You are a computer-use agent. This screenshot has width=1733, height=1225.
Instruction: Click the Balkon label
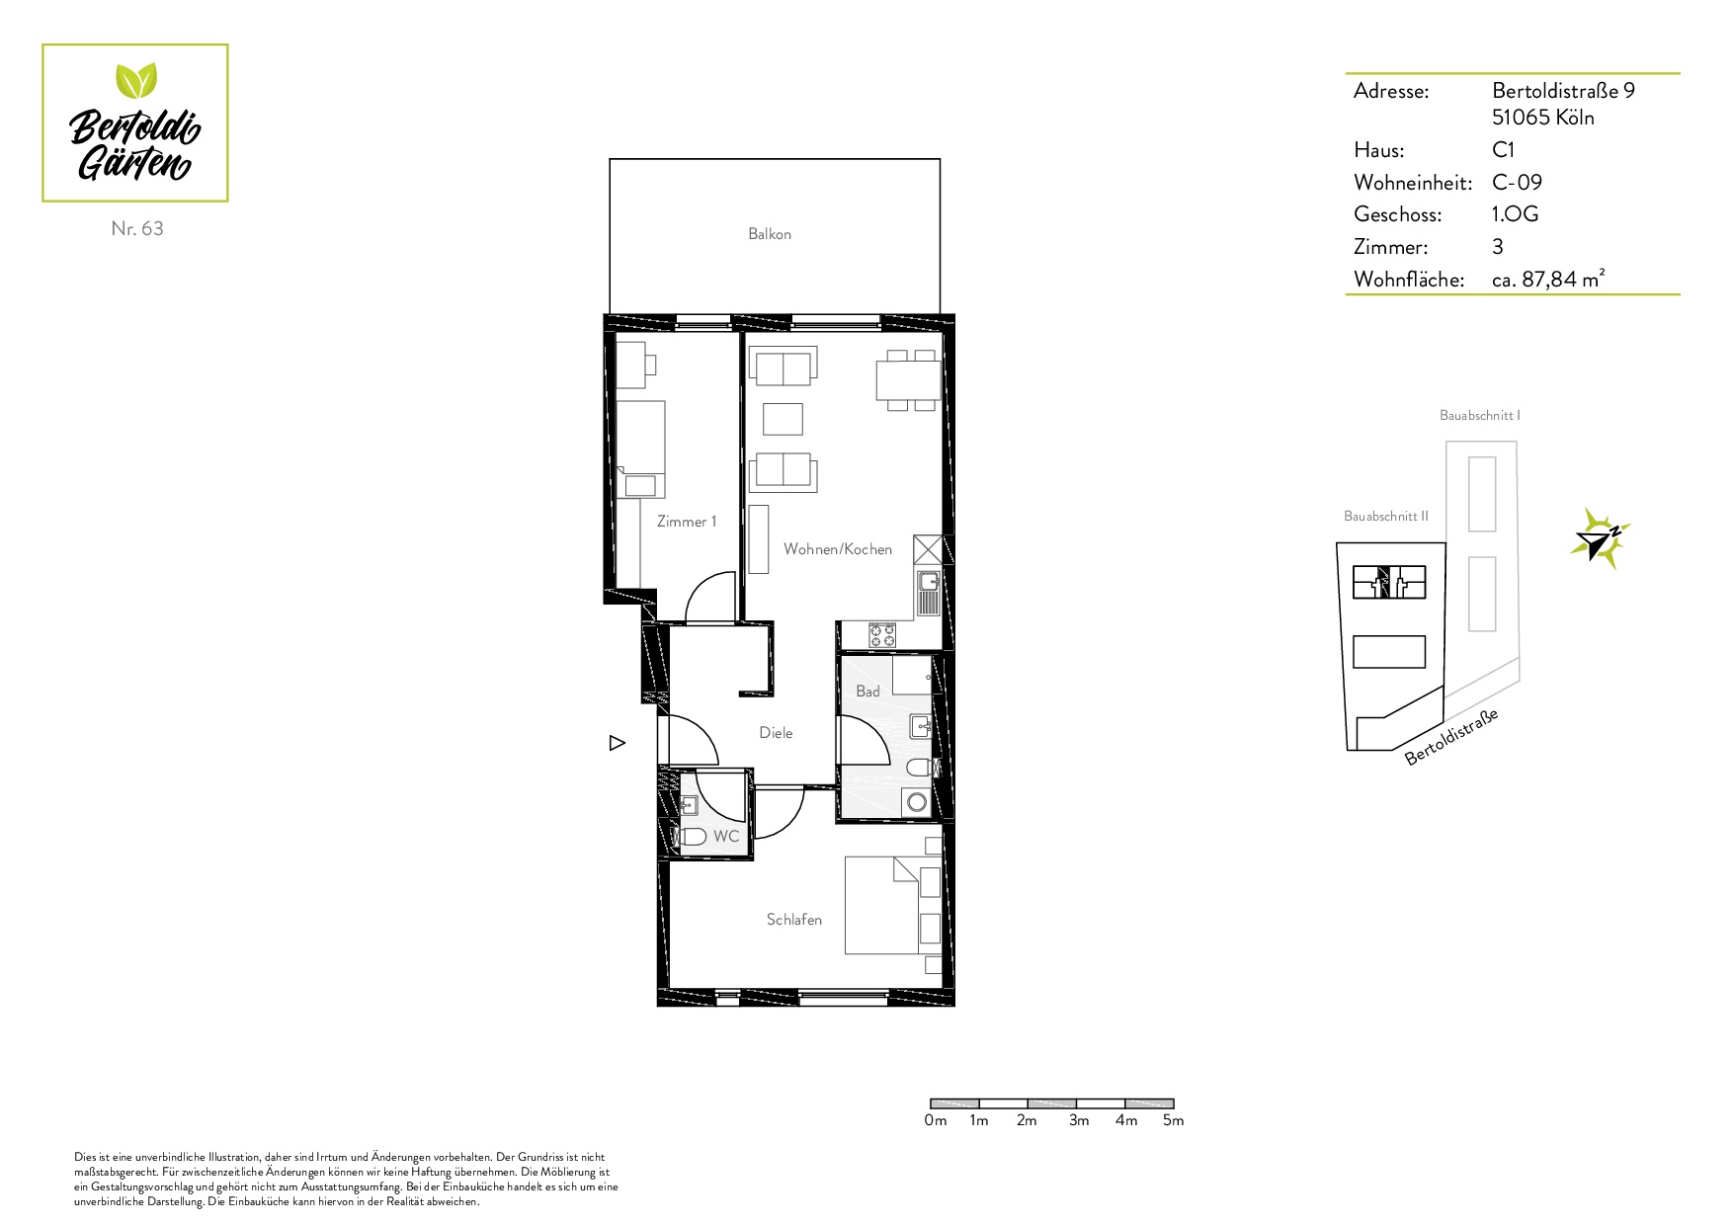coord(770,234)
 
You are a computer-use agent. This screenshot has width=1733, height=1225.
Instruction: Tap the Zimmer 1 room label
coord(687,522)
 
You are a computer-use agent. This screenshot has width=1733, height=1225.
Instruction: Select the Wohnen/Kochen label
coord(838,549)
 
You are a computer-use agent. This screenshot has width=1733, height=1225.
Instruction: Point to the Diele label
coord(776,733)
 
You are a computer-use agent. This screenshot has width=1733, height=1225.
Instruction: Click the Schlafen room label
coord(794,920)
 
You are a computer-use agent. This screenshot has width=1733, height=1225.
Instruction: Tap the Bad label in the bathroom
coord(867,692)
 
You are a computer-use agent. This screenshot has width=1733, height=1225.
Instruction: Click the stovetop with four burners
coord(882,635)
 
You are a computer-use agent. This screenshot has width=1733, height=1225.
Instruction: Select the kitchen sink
coord(928,594)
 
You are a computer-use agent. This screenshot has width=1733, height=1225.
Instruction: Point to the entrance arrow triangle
coord(618,743)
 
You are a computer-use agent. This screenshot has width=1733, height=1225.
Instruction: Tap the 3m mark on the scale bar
coord(1079,1120)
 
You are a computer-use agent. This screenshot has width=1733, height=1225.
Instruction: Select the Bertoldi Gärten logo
coord(135,123)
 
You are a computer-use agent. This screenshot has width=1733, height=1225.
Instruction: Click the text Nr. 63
coord(137,228)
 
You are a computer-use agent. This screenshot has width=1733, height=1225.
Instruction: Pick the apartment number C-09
coord(1517,183)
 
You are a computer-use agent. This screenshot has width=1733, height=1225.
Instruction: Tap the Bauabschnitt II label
coord(1386,516)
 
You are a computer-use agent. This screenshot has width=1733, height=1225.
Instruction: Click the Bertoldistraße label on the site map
coord(1452,737)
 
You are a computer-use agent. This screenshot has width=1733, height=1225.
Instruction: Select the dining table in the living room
coord(909,380)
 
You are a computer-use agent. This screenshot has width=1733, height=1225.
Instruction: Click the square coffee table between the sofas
coord(783,419)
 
